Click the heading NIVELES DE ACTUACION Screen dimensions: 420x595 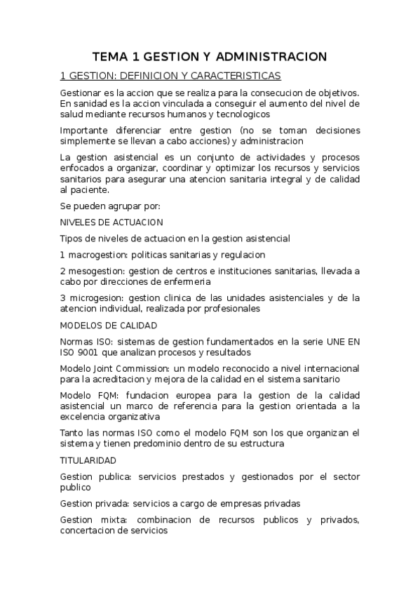[x=111, y=222]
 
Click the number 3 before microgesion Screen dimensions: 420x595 [x=63, y=297]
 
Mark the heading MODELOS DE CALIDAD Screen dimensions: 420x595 [x=109, y=326]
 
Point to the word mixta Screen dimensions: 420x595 [x=113, y=520]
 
